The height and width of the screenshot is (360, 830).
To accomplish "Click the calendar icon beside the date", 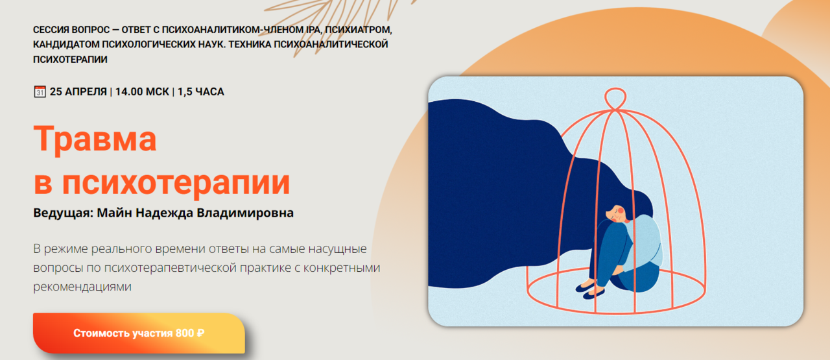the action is point(40,91).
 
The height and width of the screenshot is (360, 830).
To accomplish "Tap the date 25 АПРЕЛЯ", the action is point(78,91).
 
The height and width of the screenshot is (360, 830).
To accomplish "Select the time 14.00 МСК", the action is point(142,91).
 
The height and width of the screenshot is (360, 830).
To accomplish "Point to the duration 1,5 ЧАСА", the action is point(201,91).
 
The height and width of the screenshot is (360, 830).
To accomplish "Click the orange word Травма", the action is point(95,139).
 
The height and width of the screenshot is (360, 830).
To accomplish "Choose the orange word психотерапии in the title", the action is point(176,183).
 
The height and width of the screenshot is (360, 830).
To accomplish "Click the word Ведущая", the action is point(63,213).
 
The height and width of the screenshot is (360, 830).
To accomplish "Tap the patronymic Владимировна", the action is point(245,213).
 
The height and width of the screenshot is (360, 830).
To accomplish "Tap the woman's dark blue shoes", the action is point(590,289).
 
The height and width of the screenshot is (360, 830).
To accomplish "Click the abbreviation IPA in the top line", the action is point(313,30).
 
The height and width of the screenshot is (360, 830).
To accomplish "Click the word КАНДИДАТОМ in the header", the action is point(66,45).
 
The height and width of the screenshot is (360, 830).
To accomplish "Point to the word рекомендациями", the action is point(82,287).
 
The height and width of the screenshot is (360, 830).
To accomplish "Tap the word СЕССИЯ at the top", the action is point(51,30).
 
